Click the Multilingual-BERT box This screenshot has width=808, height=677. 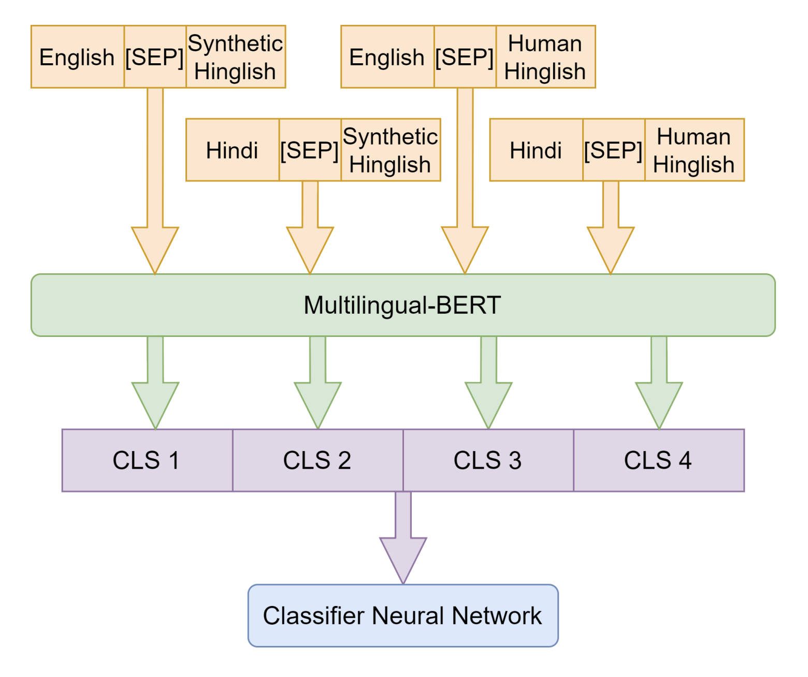point(403,305)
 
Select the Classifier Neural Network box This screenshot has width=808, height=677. point(403,615)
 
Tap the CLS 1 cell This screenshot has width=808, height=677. point(148,460)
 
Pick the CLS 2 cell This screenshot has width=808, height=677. point(318,460)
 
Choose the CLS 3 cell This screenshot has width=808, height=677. point(488,460)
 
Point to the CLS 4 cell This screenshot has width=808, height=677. point(659,460)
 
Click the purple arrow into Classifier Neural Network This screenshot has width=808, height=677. point(403,538)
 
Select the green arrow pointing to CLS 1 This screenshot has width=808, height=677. point(155,383)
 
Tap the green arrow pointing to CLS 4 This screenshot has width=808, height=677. point(659,383)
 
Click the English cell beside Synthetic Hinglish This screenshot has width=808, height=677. point(77,57)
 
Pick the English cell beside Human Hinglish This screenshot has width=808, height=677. point(387,57)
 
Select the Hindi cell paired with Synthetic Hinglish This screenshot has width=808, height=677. point(233,150)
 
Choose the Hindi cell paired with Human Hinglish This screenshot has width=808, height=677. point(537,150)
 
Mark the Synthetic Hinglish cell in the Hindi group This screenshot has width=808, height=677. point(391,150)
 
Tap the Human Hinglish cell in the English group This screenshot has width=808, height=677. point(545,57)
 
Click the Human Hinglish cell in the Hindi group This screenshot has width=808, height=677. point(695,150)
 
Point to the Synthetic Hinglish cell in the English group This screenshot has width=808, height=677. point(236,57)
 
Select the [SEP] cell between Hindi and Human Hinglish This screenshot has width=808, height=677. point(614,150)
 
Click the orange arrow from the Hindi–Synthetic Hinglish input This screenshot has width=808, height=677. point(310,228)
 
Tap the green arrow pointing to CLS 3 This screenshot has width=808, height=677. point(488,383)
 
